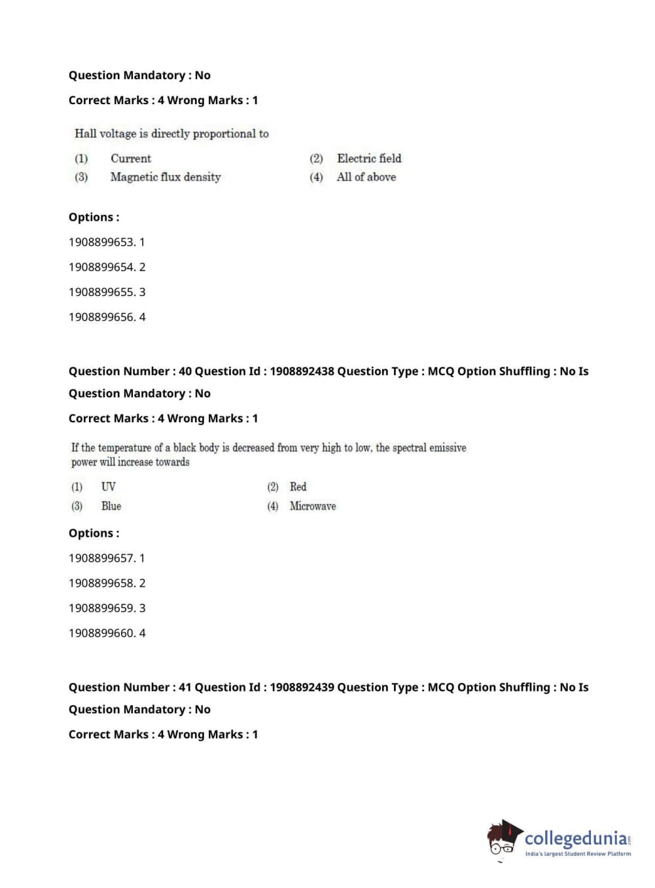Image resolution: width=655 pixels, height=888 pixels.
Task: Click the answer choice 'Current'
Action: pos(130,158)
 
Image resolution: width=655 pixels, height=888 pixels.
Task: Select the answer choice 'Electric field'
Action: pos(369,158)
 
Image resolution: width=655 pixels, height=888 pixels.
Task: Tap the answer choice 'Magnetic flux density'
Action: pos(166,177)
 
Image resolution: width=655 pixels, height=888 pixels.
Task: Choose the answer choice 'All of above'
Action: pos(366,177)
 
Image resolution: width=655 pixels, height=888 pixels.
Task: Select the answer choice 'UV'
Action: pos(109,487)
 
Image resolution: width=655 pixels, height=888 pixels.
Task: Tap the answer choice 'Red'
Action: pos(298,487)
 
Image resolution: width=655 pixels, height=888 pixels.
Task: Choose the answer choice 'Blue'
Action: pos(111,506)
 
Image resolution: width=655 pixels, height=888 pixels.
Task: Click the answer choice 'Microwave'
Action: pos(313,506)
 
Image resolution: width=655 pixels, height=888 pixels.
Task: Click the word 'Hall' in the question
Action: pos(85,134)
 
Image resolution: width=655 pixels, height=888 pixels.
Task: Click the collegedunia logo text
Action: pos(576,839)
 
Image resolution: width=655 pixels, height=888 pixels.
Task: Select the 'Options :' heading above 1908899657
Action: pos(94,533)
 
